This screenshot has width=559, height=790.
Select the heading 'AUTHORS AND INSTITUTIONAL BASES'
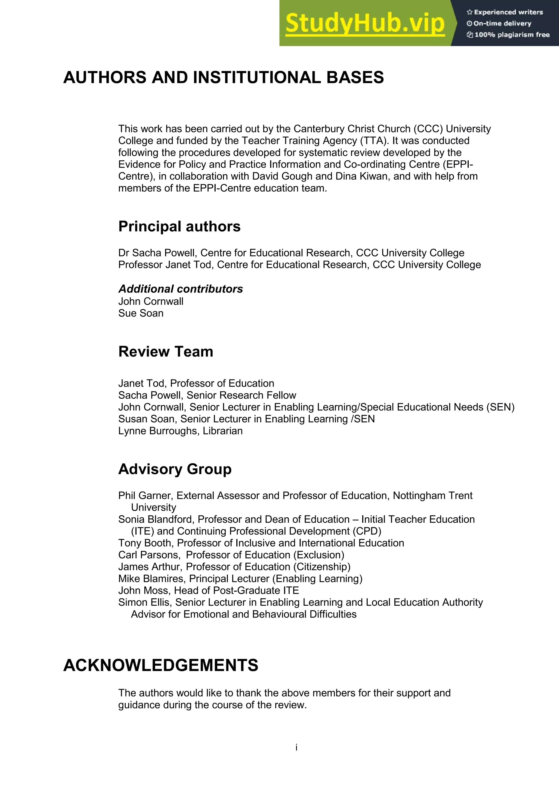pos(224,77)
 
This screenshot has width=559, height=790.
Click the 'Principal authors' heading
pos(179,227)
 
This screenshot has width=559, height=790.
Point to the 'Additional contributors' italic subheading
pos(180,289)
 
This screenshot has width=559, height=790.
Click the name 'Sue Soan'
pos(141,313)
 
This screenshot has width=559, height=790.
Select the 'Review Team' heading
pos(166,352)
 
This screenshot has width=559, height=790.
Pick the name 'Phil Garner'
pos(146,496)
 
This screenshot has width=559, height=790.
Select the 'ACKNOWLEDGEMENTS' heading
pos(161,665)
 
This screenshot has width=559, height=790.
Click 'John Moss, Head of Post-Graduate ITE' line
pos(208,590)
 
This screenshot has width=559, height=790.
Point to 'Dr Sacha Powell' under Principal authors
pos(157,253)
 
